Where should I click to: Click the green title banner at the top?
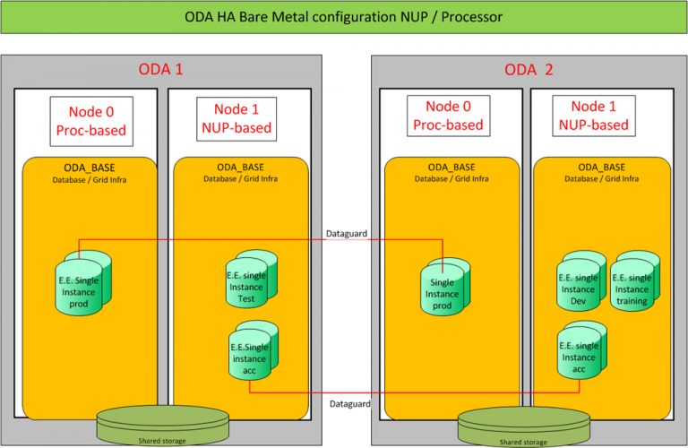click(x=343, y=17)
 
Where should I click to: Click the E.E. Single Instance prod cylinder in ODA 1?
click(x=83, y=281)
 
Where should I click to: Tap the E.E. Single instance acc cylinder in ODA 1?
click(x=250, y=352)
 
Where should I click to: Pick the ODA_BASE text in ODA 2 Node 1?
click(x=602, y=168)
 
